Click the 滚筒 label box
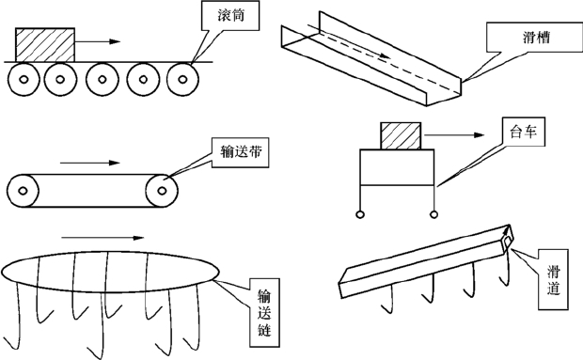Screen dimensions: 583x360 pyautogui.click(x=230, y=16)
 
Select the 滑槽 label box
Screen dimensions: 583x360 pyautogui.click(x=533, y=38)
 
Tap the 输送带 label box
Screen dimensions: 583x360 pyautogui.click(x=240, y=152)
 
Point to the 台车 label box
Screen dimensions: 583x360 pyautogui.click(x=524, y=132)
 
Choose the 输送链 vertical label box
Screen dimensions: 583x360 pyautogui.click(x=264, y=313)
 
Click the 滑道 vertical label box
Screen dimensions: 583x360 pyautogui.click(x=553, y=279)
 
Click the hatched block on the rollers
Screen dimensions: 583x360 pyautogui.click(x=45, y=44)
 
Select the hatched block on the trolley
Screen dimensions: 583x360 pyautogui.click(x=401, y=136)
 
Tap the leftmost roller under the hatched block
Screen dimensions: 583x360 pyautogui.click(x=24, y=79)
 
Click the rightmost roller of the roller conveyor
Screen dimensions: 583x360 pyautogui.click(x=182, y=79)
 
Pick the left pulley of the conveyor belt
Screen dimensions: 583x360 pyautogui.click(x=23, y=191)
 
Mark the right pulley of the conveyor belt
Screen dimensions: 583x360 pyautogui.click(x=162, y=191)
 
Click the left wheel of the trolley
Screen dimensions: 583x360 pyautogui.click(x=360, y=214)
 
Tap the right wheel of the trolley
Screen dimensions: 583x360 pyautogui.click(x=433, y=214)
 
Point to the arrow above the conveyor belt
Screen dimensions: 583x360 pyautogui.click(x=90, y=163)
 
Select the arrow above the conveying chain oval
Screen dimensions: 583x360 pyautogui.click(x=102, y=238)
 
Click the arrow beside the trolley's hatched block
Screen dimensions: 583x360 pyautogui.click(x=454, y=135)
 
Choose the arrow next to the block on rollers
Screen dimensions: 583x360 pyautogui.click(x=98, y=41)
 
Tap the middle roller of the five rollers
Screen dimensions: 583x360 pyautogui.click(x=102, y=79)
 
